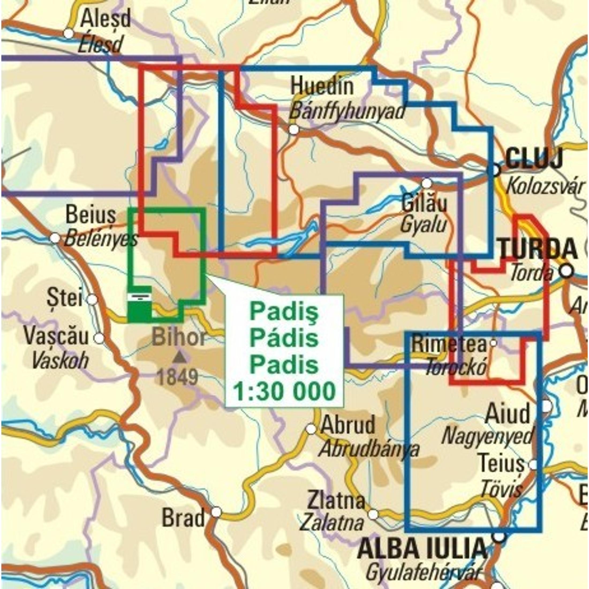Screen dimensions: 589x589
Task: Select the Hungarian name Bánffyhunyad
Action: coord(347,112)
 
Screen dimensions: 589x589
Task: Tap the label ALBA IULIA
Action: coord(422,549)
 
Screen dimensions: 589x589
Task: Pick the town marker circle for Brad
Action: coord(216,512)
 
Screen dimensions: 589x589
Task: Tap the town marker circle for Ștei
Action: coord(92,300)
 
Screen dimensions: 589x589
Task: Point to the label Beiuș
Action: coord(91,214)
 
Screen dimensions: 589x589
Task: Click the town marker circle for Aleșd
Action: coord(69,33)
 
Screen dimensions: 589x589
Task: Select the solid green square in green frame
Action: coord(139,312)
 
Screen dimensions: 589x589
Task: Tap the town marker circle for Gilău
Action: coord(427,183)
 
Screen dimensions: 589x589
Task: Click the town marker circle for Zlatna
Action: coord(373,515)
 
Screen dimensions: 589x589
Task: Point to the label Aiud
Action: coord(508,414)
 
